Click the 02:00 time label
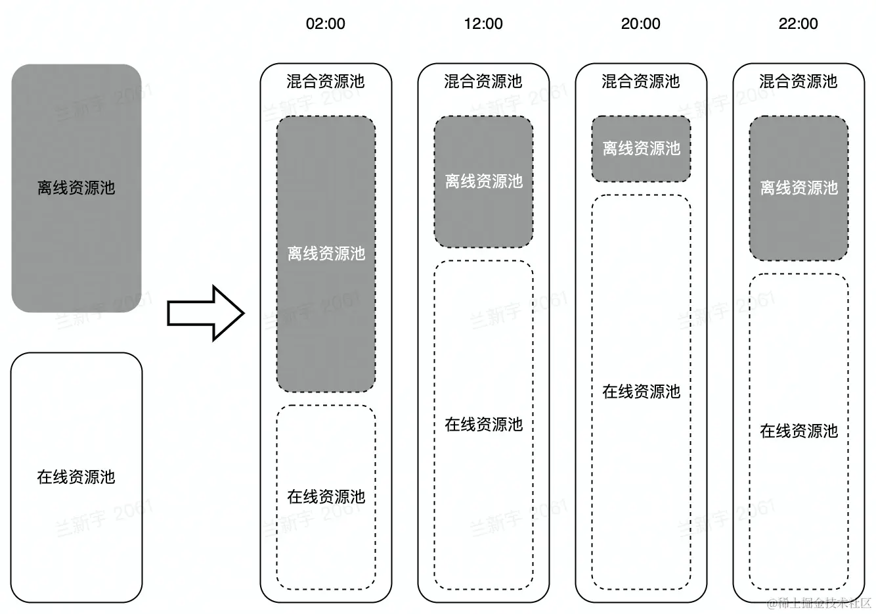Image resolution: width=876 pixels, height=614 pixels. pos(325,24)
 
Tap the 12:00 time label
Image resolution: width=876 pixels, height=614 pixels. pos(483,24)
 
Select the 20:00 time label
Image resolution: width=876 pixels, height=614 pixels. pos(640,24)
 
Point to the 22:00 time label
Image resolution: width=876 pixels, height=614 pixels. pos(798,24)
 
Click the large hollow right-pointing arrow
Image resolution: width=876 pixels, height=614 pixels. pos(206,314)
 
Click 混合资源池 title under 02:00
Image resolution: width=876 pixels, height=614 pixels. pos(325,82)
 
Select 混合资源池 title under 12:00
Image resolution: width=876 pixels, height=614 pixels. pos(483,82)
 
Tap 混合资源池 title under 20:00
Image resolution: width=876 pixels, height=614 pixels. pos(640,82)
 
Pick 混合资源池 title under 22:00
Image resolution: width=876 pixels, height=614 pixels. pos(798,82)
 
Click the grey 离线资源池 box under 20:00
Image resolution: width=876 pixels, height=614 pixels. pos(641,149)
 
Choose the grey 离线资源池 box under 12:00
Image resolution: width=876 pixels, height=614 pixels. pos(483,181)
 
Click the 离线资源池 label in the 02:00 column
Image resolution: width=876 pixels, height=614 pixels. pos(326,254)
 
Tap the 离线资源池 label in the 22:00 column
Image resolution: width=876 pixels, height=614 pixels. pos(799,188)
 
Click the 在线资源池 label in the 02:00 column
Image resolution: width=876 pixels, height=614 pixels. pos(326,497)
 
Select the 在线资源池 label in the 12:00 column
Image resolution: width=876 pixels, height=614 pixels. pos(484,425)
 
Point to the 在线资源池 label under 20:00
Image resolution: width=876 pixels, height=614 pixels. pos(642,392)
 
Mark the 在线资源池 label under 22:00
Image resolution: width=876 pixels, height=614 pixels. pos(799,431)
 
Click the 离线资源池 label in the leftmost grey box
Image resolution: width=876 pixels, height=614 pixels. pos(76,188)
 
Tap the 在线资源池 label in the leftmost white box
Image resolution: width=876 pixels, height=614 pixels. pos(76,477)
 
